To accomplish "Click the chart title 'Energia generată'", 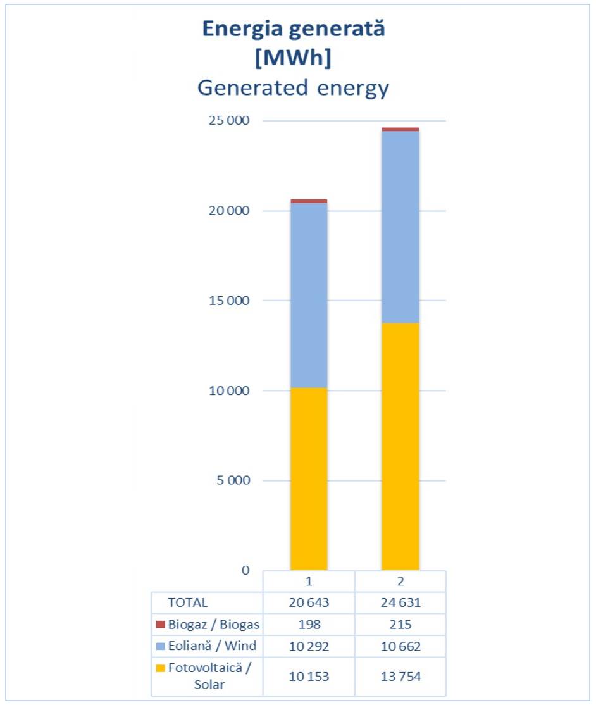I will [293, 30].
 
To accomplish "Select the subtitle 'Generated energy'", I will [293, 88].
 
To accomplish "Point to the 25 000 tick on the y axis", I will [229, 121].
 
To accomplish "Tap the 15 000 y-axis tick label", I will [229, 301].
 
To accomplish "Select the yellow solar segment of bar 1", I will [309, 478].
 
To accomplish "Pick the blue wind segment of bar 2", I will [400, 227].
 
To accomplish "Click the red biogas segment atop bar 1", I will [309, 201].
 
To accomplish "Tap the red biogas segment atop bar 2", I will [400, 129].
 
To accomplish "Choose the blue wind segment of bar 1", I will [309, 295].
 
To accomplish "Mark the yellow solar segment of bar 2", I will [400, 446].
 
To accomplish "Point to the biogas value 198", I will [309, 625].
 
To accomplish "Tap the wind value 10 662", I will [400, 646].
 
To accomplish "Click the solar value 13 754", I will [400, 677].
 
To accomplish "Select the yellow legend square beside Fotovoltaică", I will [161, 668].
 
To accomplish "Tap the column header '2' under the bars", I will [400, 581].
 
